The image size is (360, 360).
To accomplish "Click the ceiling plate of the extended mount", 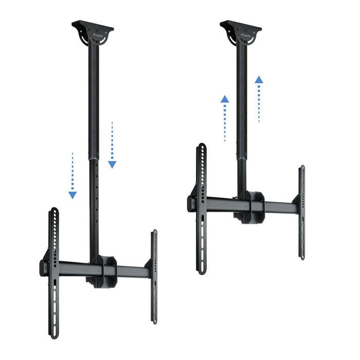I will coord(93,27).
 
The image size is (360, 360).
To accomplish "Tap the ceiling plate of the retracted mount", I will coord(240,27).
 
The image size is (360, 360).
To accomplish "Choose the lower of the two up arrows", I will coord(224,118).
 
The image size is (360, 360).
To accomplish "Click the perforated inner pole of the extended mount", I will coord(95,206).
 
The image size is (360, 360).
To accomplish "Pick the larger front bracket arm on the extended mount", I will coord(53,273).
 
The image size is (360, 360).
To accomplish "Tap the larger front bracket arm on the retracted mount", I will coord(201,208).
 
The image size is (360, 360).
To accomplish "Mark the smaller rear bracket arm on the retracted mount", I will coord(302,211).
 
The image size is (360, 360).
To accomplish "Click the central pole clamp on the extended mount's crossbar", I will coord(107,269).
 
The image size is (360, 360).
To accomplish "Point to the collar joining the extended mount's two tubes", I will coord(94,155).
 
